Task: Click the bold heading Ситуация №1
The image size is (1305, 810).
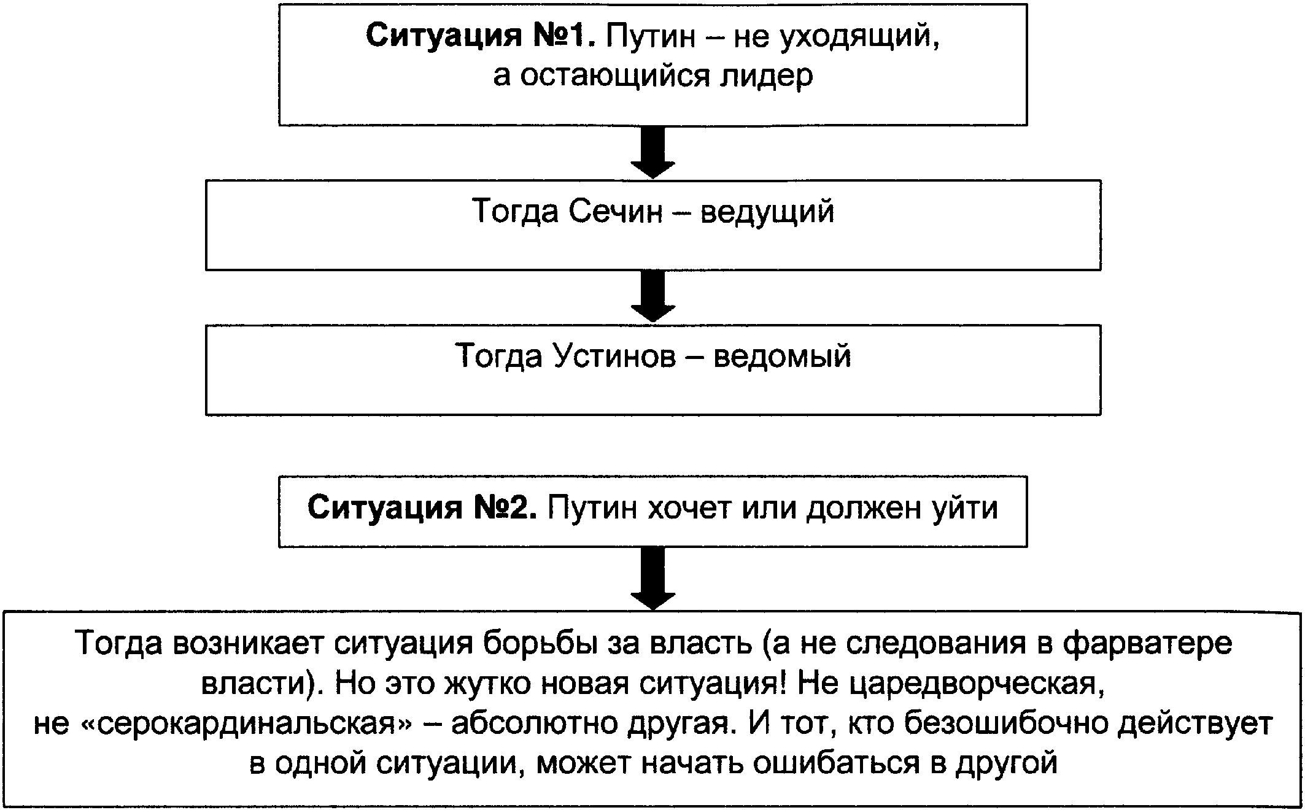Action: pos(481,37)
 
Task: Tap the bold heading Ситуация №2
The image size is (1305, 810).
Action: pos(422,508)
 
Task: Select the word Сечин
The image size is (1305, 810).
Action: pos(616,212)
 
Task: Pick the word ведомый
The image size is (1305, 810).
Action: pos(783,357)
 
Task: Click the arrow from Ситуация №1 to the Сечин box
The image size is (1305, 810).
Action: pos(653,152)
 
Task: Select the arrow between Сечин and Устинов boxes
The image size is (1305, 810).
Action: pos(653,296)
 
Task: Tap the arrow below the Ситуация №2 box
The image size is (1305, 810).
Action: pos(653,578)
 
